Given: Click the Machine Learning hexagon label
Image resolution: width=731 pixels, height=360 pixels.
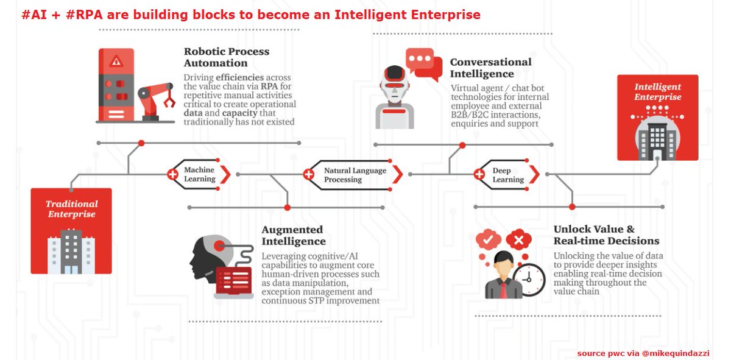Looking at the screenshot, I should pos(199,175).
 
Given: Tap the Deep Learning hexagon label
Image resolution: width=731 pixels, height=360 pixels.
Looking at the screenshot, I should pos(507,175).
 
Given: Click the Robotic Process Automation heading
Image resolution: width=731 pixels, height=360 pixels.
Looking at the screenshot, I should pos(226,57).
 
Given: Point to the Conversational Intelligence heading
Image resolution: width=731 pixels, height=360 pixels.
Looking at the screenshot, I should pos(490,68).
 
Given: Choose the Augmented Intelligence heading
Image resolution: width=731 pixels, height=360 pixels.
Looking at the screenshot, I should pos(293,235).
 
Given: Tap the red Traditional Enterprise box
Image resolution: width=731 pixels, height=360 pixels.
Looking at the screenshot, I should pos(71,231).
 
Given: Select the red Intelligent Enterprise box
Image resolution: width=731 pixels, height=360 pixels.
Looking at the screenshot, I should pos(657,118).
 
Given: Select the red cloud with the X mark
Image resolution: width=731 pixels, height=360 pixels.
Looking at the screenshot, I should pos(518,240).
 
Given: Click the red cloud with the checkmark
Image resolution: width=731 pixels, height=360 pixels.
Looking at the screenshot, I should pos(488,240).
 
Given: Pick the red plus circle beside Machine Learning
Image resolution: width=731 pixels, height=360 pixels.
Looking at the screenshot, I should pos(172,175).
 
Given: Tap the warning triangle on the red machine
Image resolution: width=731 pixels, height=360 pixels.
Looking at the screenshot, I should pos(116,61).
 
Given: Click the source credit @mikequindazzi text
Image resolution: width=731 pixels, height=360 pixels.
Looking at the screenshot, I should pos(680,353).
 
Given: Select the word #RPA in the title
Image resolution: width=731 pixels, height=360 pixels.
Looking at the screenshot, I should pos(87,15).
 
